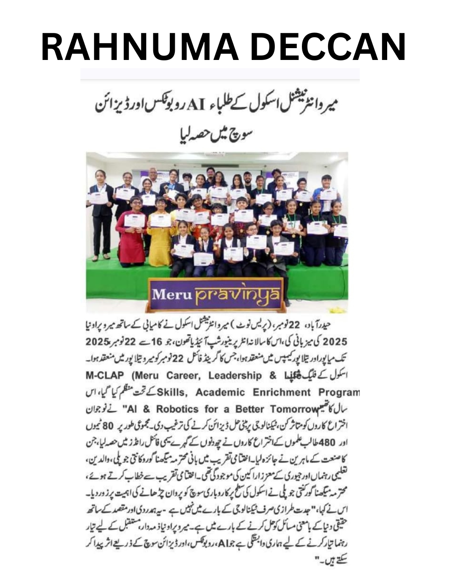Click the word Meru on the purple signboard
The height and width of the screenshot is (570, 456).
(x=167, y=294)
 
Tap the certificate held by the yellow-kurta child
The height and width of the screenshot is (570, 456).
(x=160, y=220)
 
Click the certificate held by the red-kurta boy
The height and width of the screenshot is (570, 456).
(x=134, y=221)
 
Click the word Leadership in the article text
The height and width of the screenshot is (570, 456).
(x=235, y=375)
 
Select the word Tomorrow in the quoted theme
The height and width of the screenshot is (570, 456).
(x=294, y=409)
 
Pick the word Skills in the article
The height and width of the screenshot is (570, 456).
(x=172, y=392)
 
